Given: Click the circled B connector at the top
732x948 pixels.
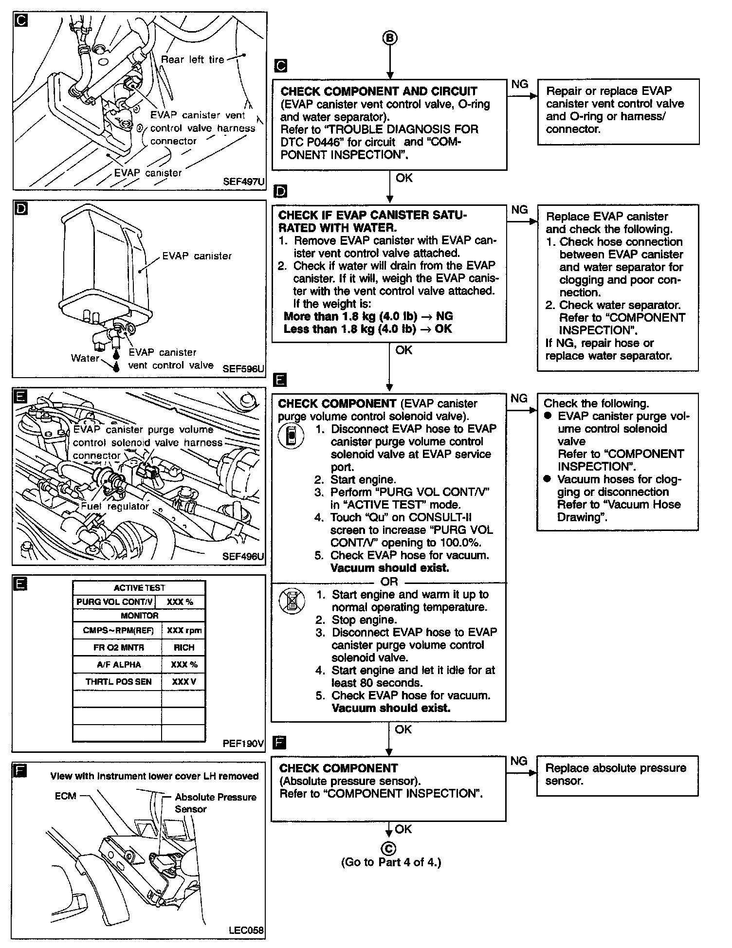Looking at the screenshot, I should point(390,38).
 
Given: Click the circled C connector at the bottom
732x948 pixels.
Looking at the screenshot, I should point(389,848).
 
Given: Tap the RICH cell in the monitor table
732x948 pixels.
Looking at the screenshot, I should point(183,647).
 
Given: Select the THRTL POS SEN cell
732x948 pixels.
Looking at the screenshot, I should point(119,682).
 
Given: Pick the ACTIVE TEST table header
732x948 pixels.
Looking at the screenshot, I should point(139,587).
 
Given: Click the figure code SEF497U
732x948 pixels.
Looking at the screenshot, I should point(243,182).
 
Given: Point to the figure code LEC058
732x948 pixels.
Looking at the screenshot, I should point(246,930).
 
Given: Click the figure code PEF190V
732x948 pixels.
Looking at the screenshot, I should point(243,743).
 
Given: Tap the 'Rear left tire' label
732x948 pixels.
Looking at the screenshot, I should point(192,59).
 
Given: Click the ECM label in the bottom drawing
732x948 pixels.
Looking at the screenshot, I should point(65,796).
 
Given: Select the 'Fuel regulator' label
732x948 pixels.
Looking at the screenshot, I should point(114,506).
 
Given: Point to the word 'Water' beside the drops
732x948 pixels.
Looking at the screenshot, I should point(85,358).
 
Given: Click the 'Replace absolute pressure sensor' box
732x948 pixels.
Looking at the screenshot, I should point(617,775).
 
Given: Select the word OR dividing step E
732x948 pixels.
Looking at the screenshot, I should point(389,582).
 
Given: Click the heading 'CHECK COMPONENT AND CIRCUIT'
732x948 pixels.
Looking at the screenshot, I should point(379,91).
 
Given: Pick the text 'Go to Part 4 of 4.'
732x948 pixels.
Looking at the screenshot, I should point(391,862).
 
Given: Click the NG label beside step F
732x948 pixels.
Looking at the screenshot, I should point(519,761).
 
